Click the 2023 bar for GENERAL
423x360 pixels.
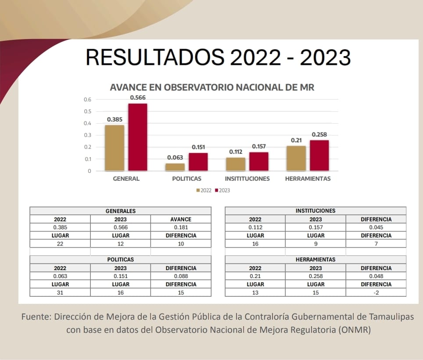click(138, 137)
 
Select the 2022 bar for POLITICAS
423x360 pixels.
click(175, 167)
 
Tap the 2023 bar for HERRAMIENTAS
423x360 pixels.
click(319, 155)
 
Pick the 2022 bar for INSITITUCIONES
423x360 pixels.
click(236, 164)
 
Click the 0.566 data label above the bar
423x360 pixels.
click(137, 97)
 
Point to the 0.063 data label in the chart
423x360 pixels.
click(175, 157)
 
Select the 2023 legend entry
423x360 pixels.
click(222, 190)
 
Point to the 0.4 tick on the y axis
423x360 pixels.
click(88, 123)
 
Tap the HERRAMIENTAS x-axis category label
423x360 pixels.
click(308, 178)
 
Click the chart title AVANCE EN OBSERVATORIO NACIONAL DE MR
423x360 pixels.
click(212, 87)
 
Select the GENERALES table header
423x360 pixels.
click(120, 211)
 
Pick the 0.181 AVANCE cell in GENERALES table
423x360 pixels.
click(181, 227)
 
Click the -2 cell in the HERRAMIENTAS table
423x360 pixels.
click(376, 292)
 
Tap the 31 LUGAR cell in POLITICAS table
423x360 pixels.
click(60, 292)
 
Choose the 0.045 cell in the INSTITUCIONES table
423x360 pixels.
click(376, 227)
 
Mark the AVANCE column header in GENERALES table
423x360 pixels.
click(181, 219)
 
